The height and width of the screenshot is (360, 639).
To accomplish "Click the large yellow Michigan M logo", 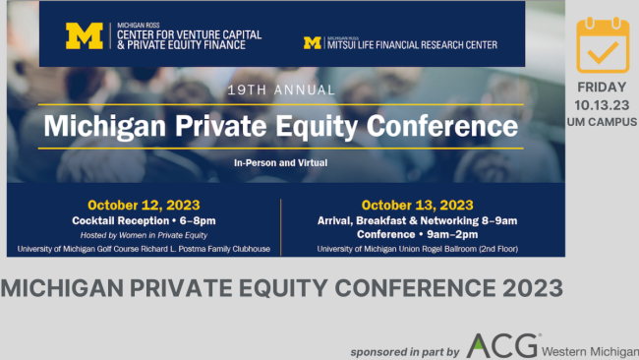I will (84, 35).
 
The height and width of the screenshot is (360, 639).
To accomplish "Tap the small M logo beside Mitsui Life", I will (313, 43).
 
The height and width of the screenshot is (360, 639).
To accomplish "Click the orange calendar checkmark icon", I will (602, 43).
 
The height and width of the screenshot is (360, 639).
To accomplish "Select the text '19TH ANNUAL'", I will (280, 90).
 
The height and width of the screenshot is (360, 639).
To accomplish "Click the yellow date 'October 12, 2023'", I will (144, 206).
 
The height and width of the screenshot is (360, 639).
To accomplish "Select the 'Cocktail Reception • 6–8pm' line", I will (144, 220).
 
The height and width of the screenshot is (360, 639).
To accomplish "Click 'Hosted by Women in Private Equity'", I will (144, 234).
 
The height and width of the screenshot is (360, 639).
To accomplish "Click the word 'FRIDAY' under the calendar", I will (602, 87).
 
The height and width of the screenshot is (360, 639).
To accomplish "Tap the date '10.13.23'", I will (602, 103).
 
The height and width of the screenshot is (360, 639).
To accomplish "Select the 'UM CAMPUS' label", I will (602, 121).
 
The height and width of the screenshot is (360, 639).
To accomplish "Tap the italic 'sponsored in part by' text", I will (404, 351).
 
